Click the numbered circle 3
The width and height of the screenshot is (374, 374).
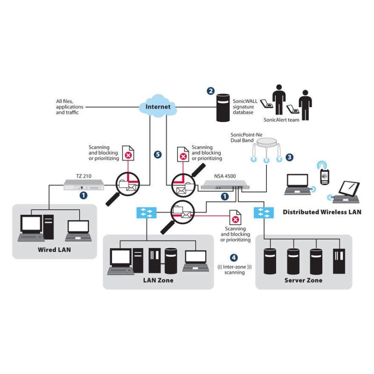(289, 158)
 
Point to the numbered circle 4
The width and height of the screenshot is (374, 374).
(234, 258)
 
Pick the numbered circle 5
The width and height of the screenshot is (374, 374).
(158, 154)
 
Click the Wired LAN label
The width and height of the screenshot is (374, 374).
(54, 250)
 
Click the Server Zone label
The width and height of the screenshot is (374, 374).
(303, 280)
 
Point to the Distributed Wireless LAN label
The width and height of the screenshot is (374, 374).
(322, 212)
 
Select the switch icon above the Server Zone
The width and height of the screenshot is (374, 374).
(264, 213)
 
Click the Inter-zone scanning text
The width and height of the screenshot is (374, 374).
(235, 269)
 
